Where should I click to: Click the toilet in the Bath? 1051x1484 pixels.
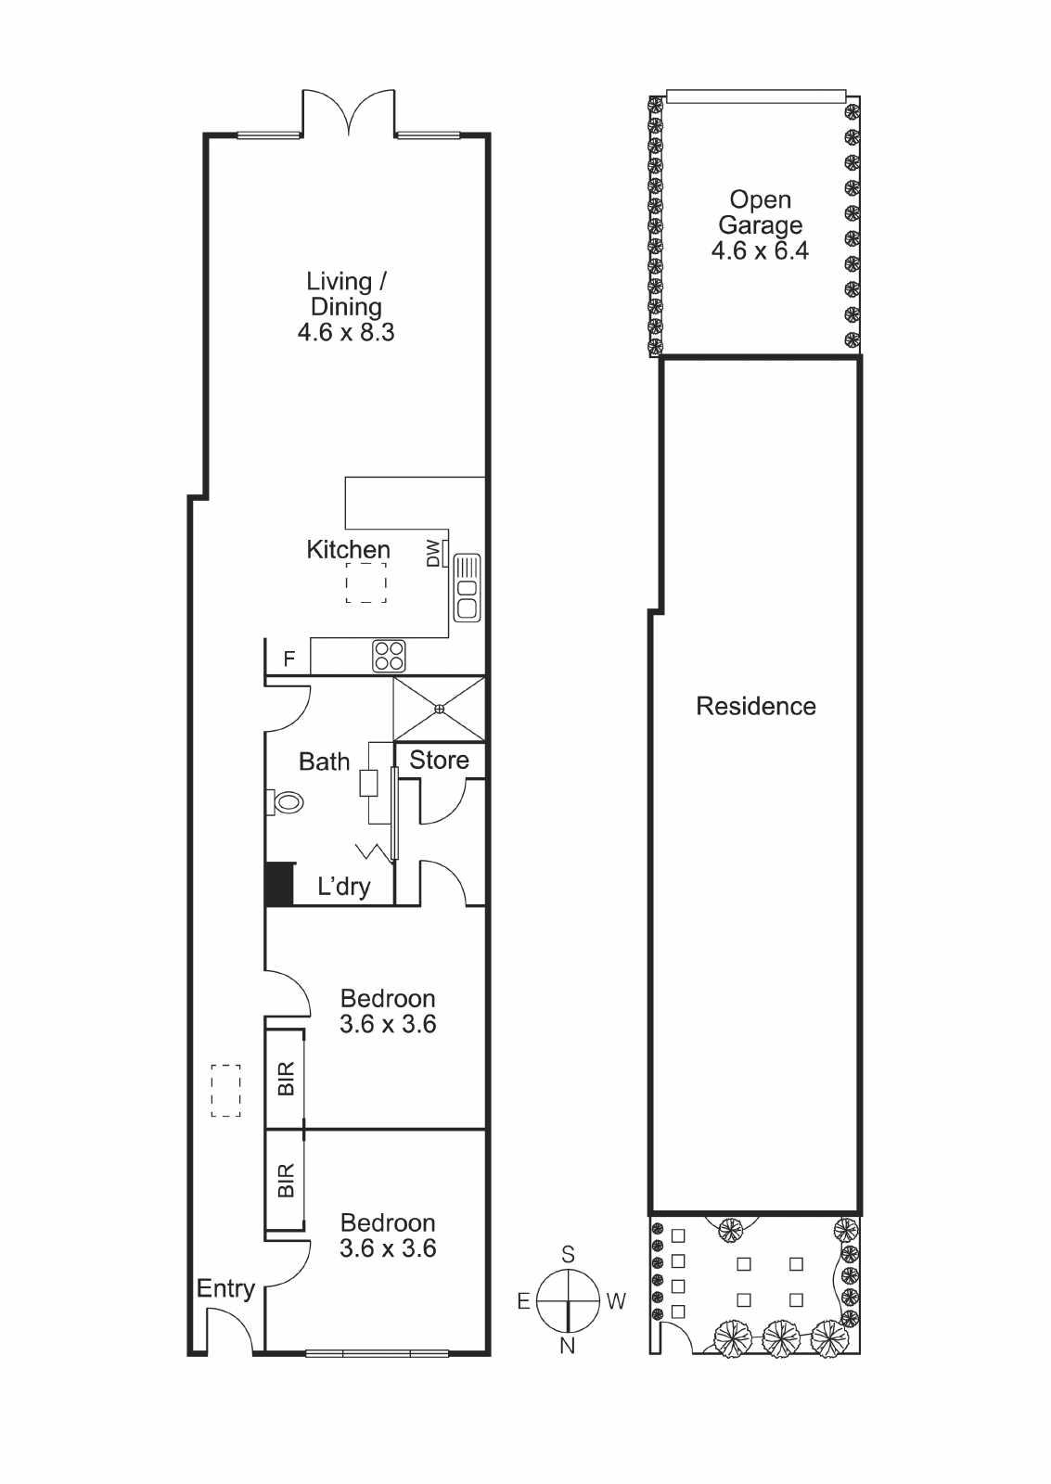[x=284, y=802]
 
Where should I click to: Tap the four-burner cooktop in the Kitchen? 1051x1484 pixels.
[x=389, y=656]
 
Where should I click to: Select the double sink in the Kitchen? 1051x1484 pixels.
[x=467, y=588]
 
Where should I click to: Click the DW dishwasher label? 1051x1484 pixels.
[x=432, y=553]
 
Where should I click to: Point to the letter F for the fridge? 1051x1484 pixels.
[x=288, y=659]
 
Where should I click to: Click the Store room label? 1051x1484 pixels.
[x=439, y=760]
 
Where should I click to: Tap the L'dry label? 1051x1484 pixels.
[x=343, y=887]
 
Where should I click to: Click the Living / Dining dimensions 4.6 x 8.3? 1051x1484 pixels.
[x=346, y=332]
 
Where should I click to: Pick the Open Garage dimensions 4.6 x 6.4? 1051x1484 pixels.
[x=760, y=251]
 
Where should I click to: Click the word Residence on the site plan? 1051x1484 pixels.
[x=755, y=706]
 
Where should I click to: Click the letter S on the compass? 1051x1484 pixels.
[x=568, y=1254]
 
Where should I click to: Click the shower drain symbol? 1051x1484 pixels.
[x=439, y=709]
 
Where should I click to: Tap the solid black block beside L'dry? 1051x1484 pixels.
[x=279, y=884]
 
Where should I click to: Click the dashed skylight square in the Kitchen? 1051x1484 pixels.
[x=365, y=582]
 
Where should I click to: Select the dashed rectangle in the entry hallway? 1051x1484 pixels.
[x=226, y=1091]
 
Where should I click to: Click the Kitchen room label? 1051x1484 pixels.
[x=348, y=550]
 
